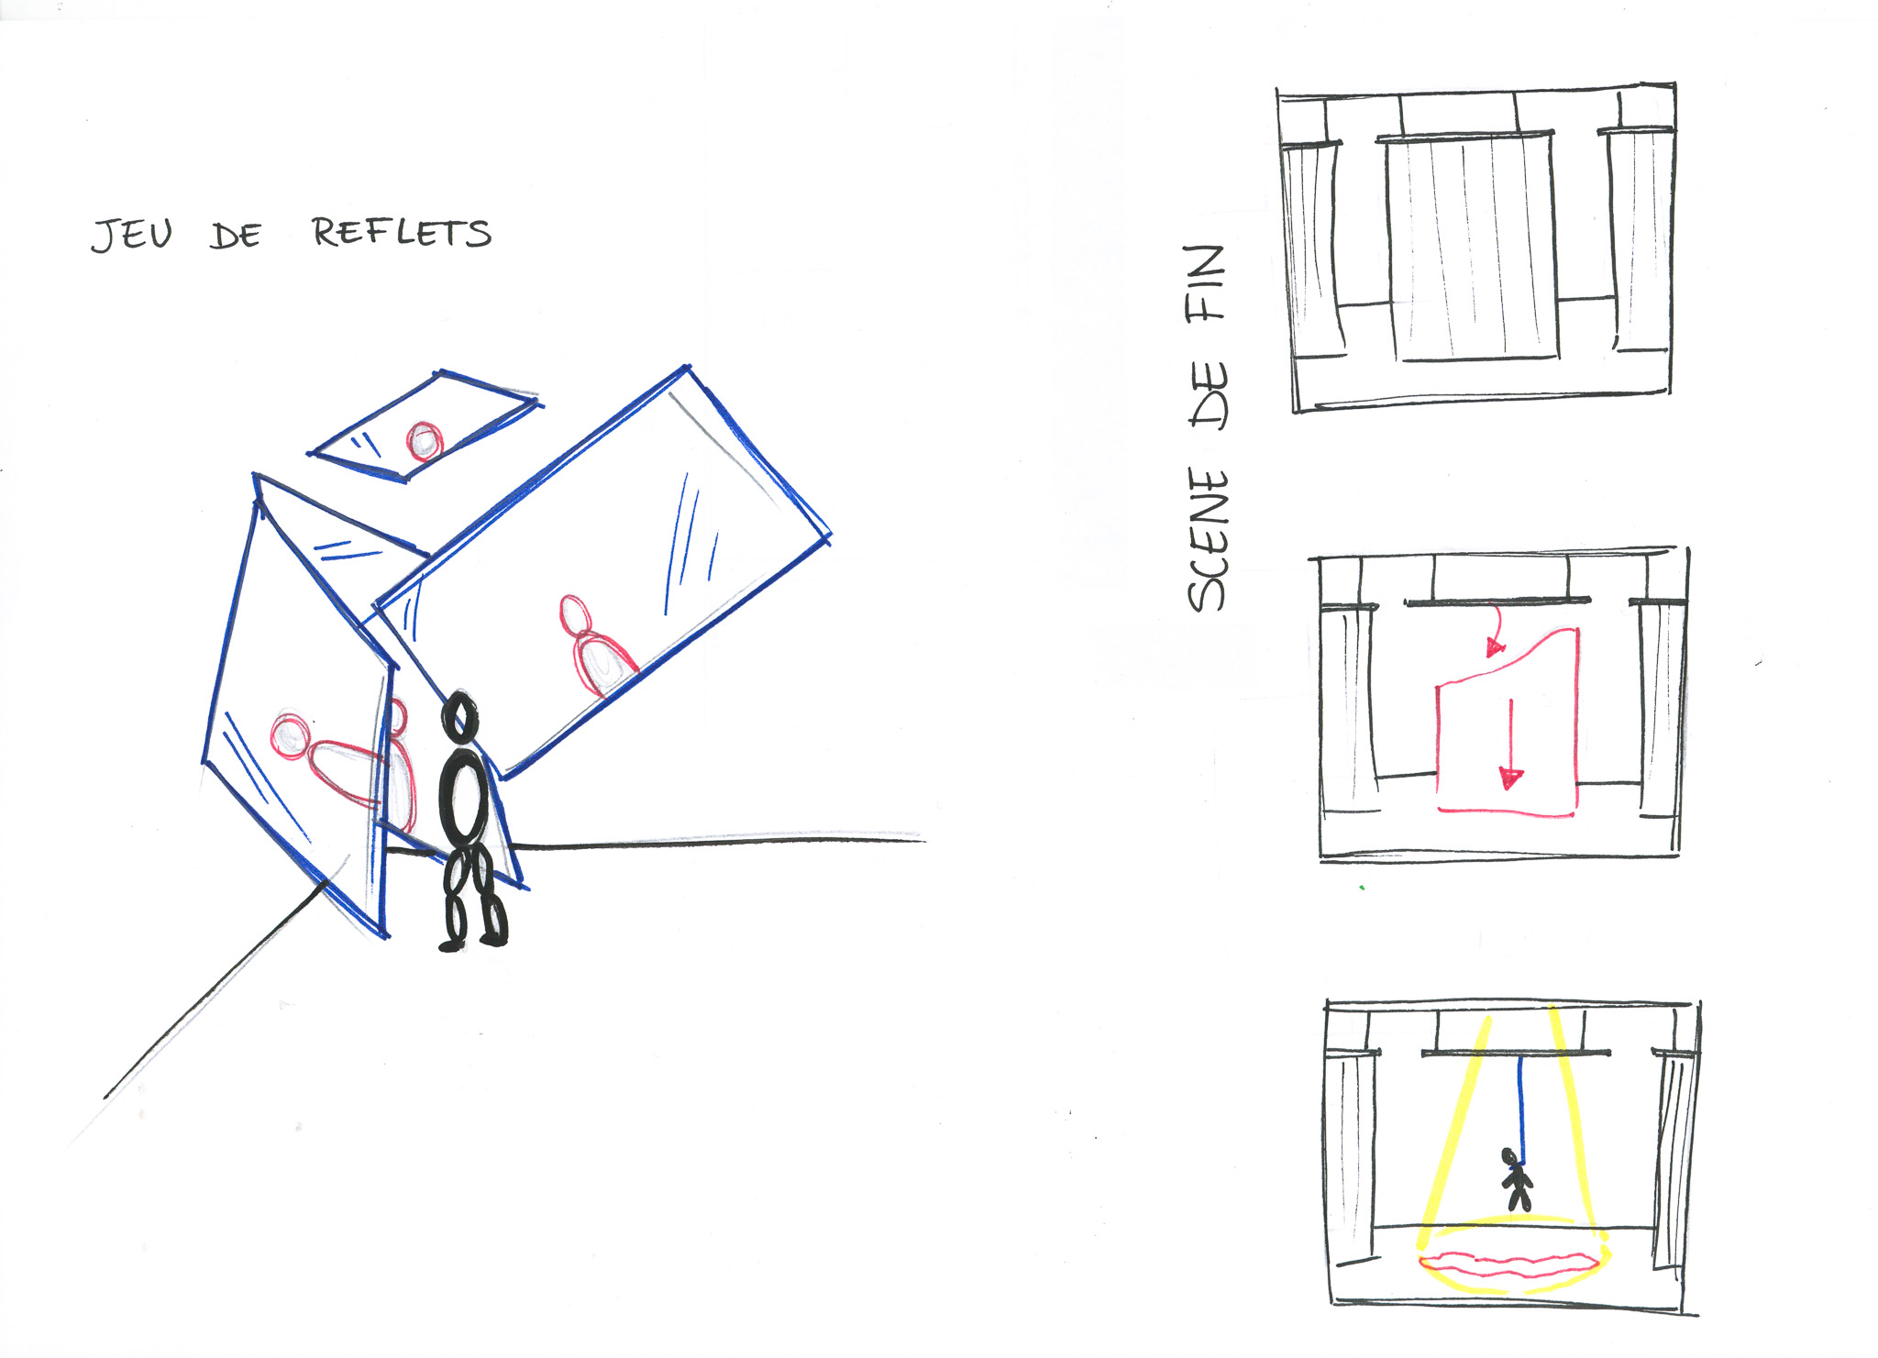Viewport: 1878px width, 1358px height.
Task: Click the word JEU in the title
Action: (x=132, y=235)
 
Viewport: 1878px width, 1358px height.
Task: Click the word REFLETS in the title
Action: (x=402, y=232)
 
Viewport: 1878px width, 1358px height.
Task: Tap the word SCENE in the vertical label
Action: (x=1208, y=538)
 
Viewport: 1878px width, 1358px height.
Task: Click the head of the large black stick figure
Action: (x=459, y=716)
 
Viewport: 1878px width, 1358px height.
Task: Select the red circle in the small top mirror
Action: (x=425, y=441)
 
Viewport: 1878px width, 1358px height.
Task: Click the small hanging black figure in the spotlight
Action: (x=1518, y=1180)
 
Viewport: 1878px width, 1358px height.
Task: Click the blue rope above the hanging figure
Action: (x=1521, y=1108)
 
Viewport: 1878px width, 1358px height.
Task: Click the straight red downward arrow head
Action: (x=1510, y=778)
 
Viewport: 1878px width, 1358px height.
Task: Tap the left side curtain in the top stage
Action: (x=1313, y=248)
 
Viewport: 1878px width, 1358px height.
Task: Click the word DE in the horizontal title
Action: (x=236, y=236)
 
